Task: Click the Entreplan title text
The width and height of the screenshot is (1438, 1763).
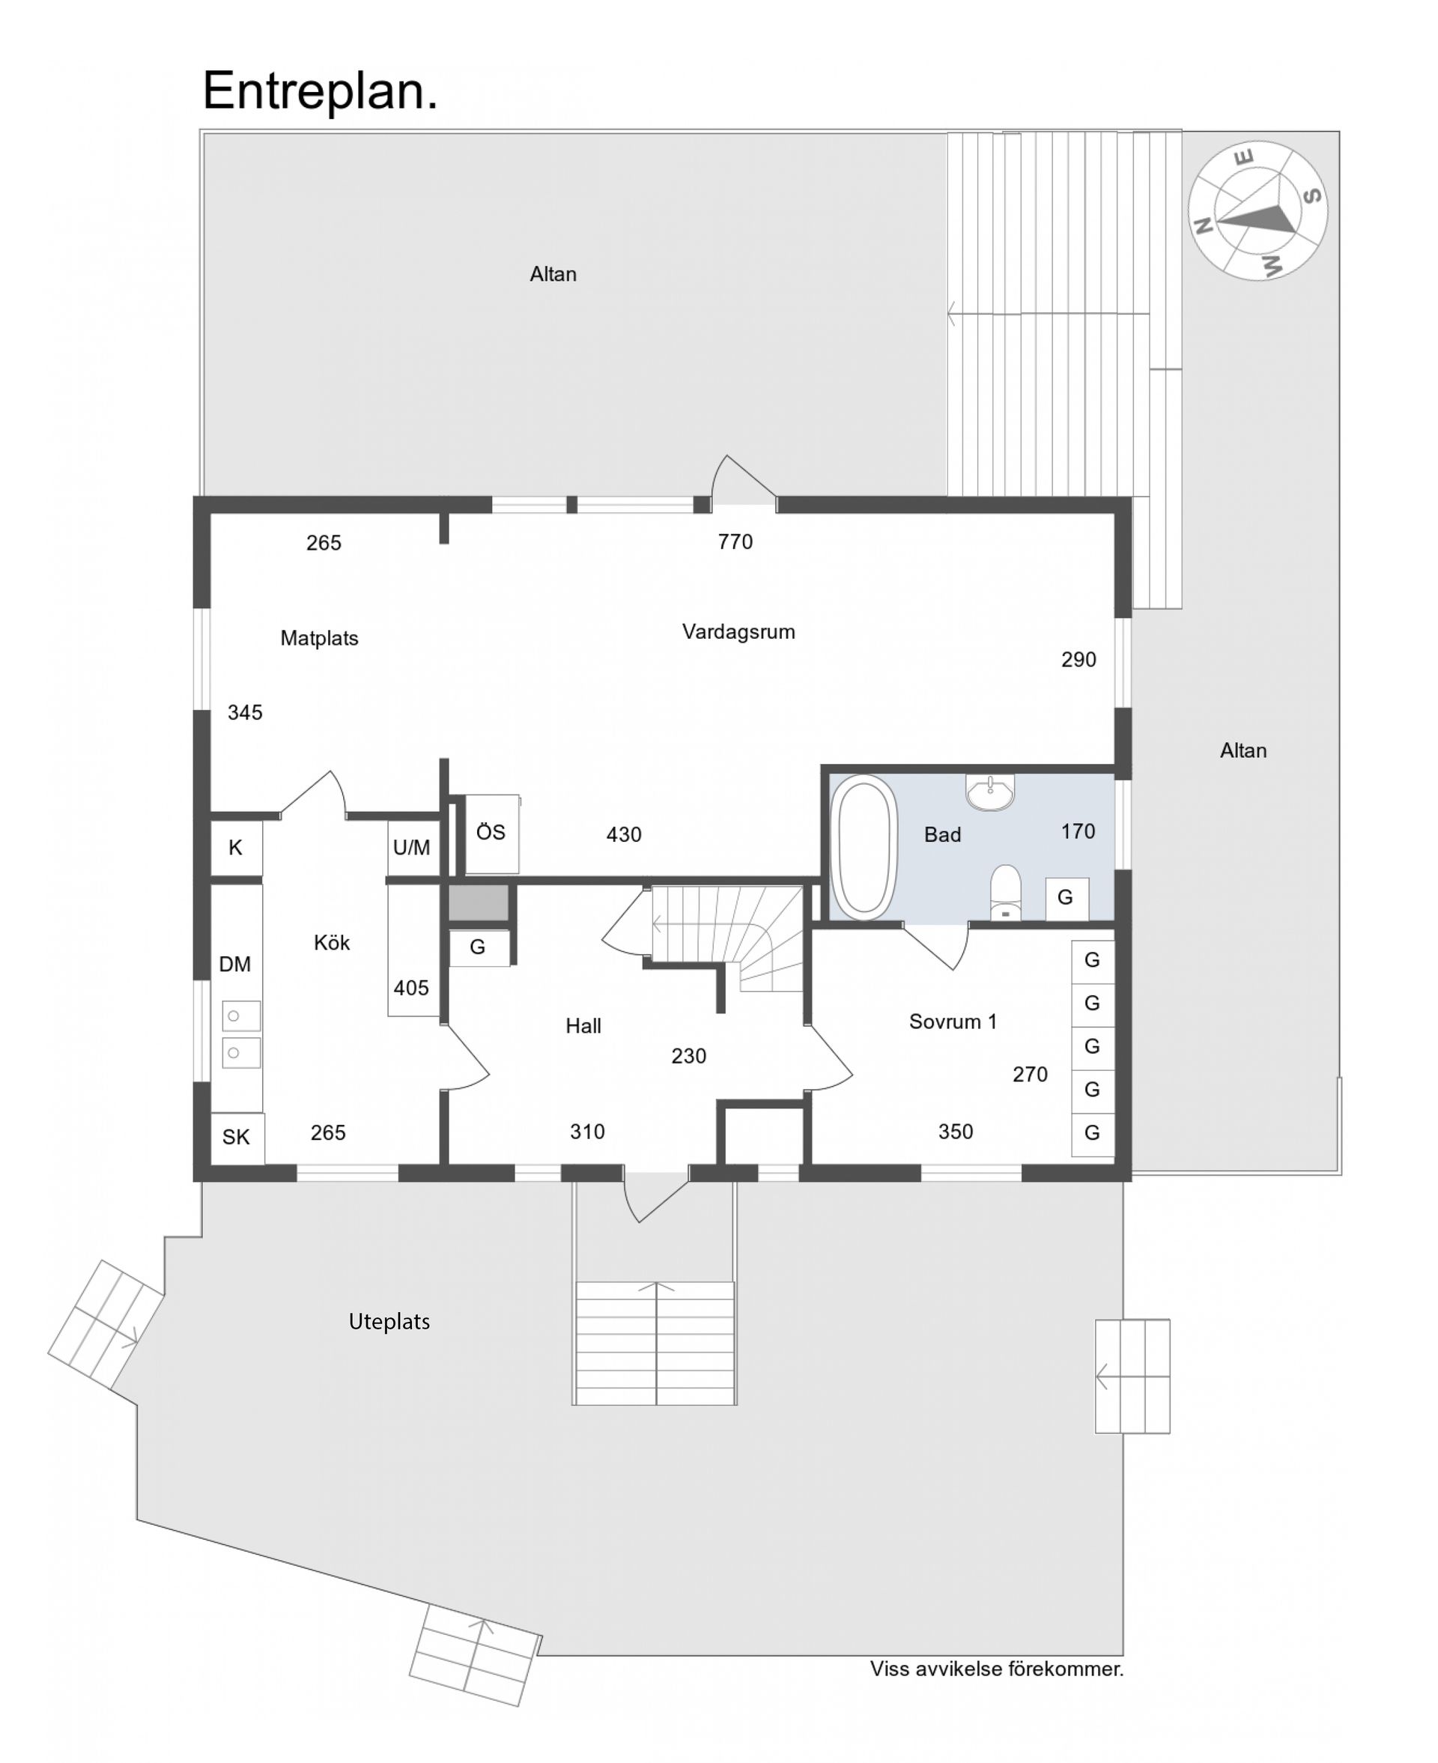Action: click(x=320, y=91)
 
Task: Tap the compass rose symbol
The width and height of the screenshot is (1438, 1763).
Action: click(x=1257, y=211)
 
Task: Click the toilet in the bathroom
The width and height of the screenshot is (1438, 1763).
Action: click(x=1006, y=892)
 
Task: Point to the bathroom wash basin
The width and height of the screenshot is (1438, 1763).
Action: click(x=990, y=792)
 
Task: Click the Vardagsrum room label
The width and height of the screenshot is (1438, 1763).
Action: click(x=738, y=632)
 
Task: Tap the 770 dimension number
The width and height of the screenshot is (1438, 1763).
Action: click(x=735, y=541)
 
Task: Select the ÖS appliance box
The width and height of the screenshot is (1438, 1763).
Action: click(x=491, y=832)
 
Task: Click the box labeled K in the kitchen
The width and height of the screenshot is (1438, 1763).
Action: click(x=236, y=847)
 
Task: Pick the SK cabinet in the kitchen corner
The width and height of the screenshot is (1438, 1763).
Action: click(x=237, y=1137)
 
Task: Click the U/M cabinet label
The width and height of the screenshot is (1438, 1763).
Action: click(x=412, y=847)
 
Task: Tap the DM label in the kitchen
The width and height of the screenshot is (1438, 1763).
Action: click(x=234, y=964)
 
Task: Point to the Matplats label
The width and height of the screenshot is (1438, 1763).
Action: click(x=319, y=638)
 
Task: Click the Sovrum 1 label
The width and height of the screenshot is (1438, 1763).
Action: click(x=953, y=1021)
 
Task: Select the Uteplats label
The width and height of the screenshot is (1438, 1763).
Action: click(x=389, y=1322)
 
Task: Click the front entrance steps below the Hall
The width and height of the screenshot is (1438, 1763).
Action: click(x=655, y=1342)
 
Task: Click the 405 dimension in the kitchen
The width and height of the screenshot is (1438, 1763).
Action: click(x=411, y=988)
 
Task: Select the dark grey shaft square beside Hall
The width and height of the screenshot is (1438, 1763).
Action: click(x=478, y=902)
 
